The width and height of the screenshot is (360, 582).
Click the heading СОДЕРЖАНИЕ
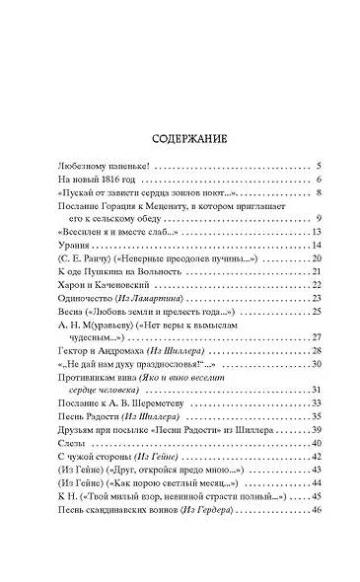[180, 136]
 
